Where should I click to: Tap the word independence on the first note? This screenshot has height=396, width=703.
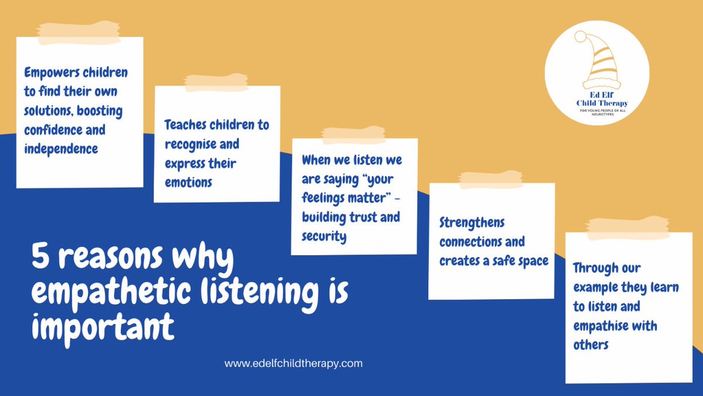click(61, 148)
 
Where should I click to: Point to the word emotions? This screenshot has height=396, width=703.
click(188, 182)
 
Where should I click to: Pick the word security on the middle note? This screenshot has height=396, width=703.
click(324, 236)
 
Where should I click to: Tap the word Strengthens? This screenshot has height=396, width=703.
click(472, 223)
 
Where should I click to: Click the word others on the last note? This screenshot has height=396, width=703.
click(591, 344)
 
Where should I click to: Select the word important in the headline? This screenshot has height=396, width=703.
click(103, 326)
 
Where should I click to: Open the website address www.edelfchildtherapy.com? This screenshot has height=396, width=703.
click(294, 363)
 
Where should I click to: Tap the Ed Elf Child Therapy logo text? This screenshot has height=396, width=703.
click(596, 100)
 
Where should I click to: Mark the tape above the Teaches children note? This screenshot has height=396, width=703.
click(217, 82)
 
